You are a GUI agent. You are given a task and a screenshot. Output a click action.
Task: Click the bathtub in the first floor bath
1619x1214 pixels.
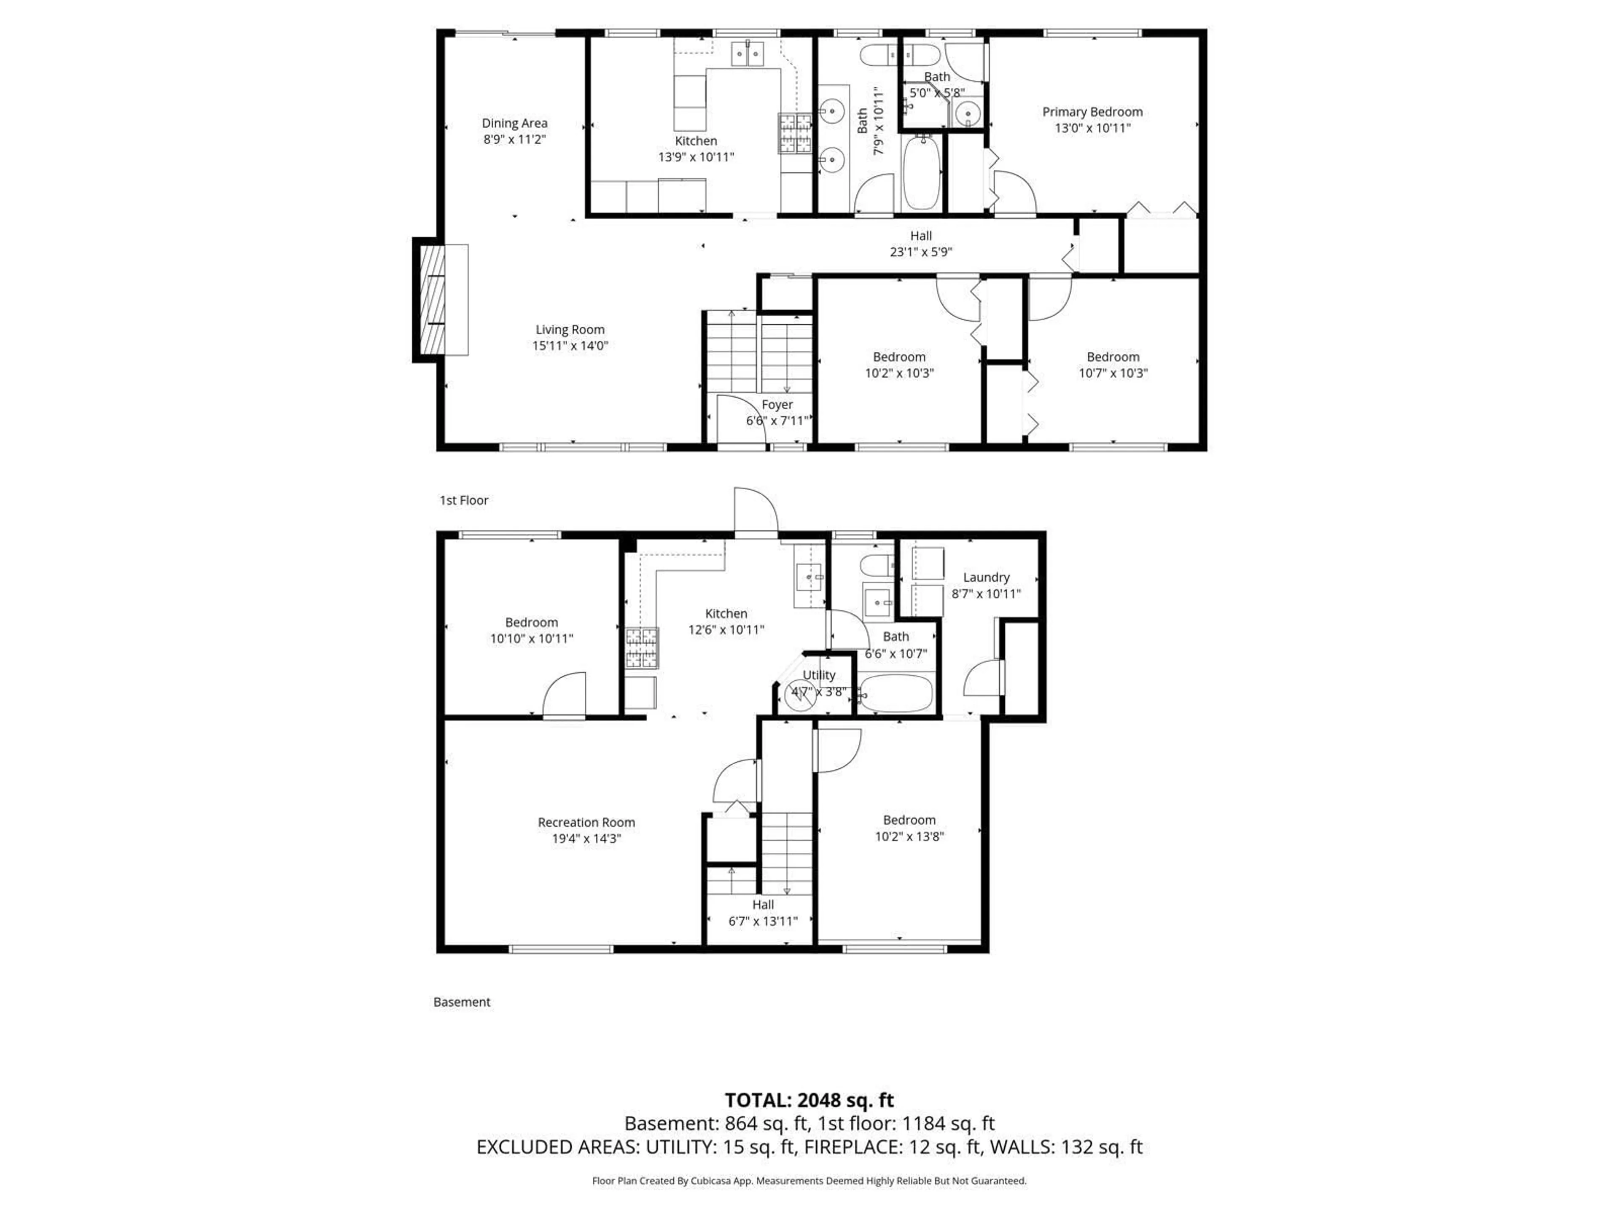(x=922, y=173)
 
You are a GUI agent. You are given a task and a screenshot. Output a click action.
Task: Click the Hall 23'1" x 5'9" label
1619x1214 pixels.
(x=921, y=244)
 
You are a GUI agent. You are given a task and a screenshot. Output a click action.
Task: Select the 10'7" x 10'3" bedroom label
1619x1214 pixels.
(x=1113, y=365)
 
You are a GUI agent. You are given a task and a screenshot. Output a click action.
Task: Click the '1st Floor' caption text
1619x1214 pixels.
(x=463, y=500)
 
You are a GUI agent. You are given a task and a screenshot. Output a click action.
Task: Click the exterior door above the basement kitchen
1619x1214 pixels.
(x=756, y=512)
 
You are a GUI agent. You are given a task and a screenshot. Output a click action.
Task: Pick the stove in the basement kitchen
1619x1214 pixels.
(x=642, y=647)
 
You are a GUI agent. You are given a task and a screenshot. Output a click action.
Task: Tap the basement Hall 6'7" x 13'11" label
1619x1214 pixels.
(x=763, y=913)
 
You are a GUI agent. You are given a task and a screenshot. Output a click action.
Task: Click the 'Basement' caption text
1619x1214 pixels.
(x=462, y=1002)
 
